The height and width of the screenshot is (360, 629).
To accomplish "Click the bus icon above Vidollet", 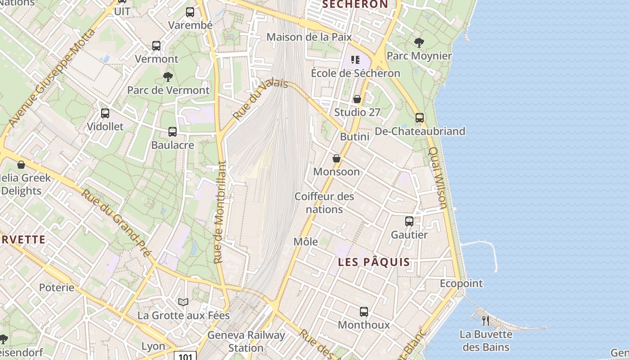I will click(x=105, y=113).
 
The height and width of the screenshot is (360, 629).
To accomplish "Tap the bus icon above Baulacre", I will click(x=173, y=132).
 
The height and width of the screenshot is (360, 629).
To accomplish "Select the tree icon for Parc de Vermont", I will click(x=168, y=77).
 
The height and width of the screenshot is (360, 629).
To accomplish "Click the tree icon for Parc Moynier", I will click(x=419, y=43).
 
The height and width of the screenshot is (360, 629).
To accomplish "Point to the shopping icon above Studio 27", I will click(x=357, y=99).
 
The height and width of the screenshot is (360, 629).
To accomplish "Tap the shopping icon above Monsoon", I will click(x=337, y=158).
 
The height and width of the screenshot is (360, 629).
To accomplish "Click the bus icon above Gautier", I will click(x=409, y=221).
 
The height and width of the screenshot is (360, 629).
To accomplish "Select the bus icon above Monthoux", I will click(x=364, y=311).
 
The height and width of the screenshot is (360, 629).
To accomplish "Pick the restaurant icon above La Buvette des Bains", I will click(x=486, y=320).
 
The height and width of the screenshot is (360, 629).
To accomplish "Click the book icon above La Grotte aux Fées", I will click(x=183, y=302).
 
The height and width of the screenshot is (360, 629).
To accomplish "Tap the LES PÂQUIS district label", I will click(x=374, y=262).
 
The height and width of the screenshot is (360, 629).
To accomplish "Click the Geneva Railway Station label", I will click(x=246, y=342).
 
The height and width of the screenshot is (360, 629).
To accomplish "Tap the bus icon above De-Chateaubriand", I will click(x=420, y=118).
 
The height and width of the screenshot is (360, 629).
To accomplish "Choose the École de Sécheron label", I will click(x=355, y=73).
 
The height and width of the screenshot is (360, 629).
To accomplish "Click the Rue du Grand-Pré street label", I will click(x=116, y=223).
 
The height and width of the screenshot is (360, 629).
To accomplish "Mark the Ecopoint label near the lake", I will click(x=461, y=283).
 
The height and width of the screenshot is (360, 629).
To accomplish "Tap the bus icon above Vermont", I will click(x=156, y=46).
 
